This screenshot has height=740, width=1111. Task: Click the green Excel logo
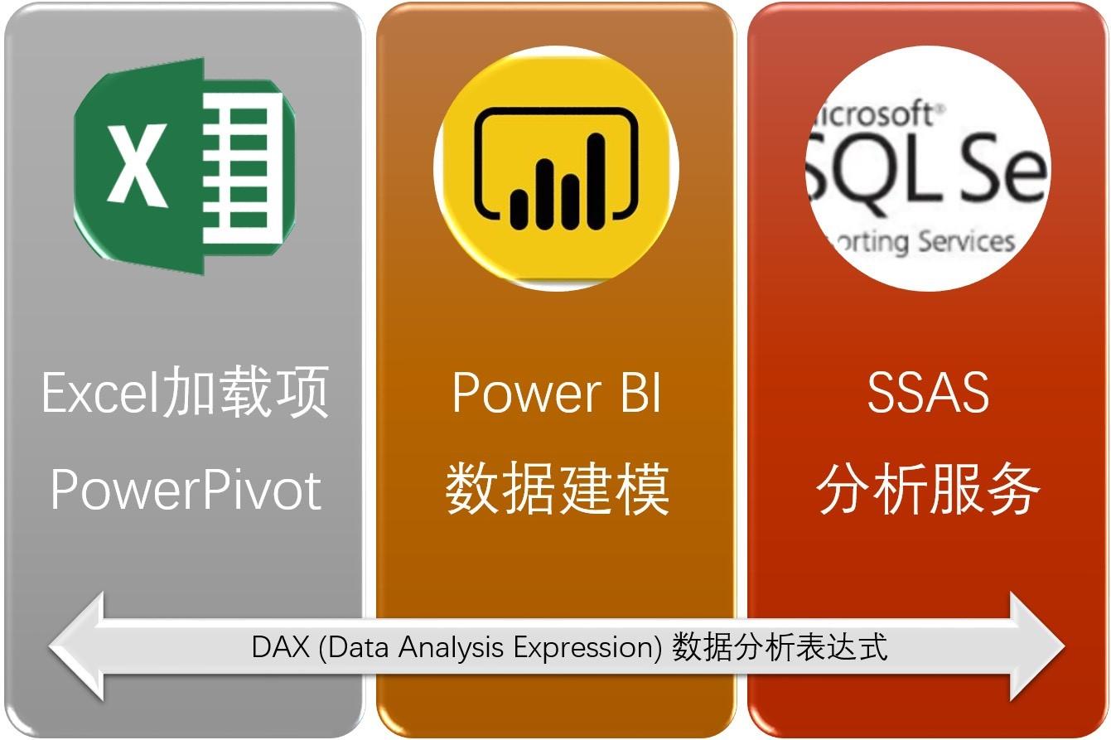click(185, 166)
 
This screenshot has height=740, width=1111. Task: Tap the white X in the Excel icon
click(134, 167)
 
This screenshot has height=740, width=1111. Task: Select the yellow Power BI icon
click(557, 167)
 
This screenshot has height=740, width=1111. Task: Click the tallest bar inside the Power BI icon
click(596, 181)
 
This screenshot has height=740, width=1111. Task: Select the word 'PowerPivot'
click(185, 490)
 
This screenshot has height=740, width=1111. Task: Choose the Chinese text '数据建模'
click(557, 490)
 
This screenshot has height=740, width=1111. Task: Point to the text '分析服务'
click(928, 490)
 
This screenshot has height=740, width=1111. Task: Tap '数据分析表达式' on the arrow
click(780, 646)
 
